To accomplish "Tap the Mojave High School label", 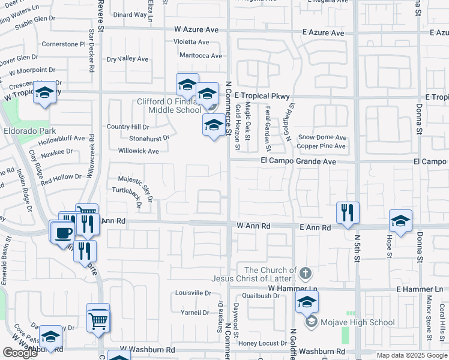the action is (358, 322).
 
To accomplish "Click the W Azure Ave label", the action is (197, 29).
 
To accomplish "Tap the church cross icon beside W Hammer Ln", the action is (306, 274).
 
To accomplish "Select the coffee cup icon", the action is (64, 232).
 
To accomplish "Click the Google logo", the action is (20, 353).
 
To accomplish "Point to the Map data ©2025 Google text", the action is (411, 355).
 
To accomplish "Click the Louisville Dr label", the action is (193, 293).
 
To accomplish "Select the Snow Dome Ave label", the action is (322, 137).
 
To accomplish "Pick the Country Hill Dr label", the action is (127, 127).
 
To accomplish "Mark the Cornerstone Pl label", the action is (64, 44).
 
